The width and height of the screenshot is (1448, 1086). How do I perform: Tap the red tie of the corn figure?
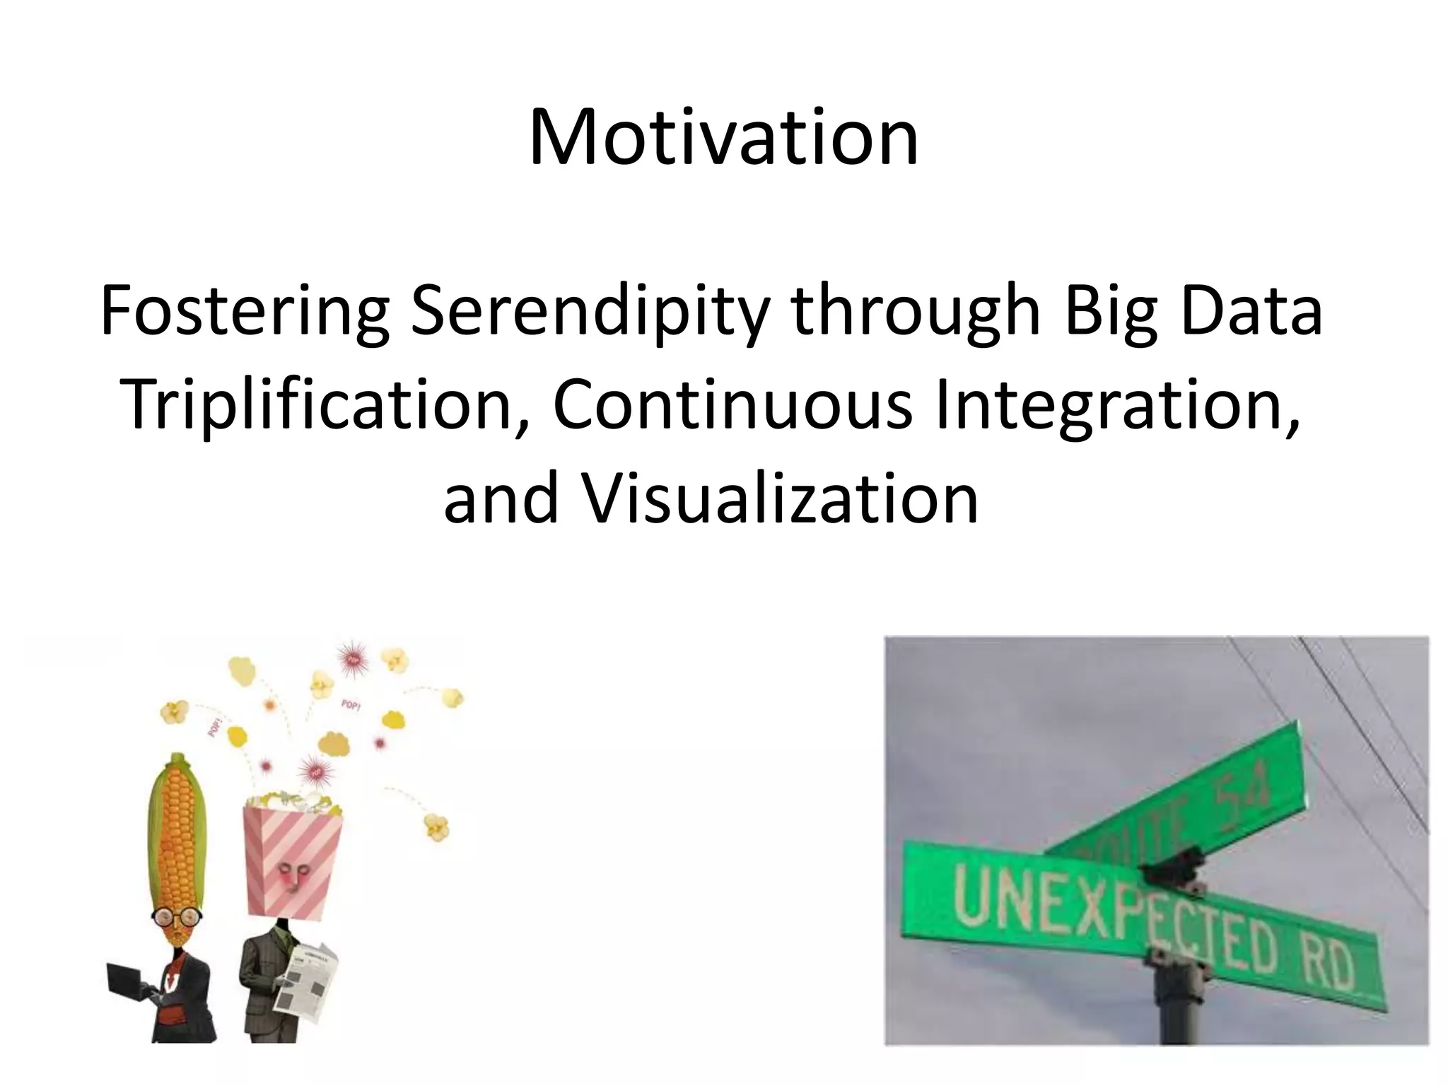(x=170, y=979)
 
